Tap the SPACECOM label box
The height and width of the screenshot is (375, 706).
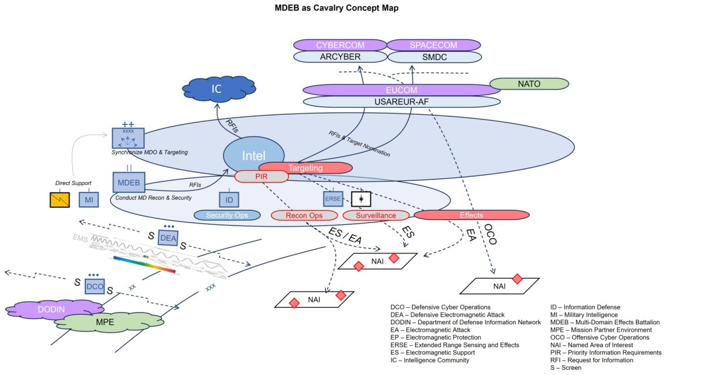pos(434,45)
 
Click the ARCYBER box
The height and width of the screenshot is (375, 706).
pos(339,57)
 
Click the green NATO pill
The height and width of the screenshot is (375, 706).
pos(529,84)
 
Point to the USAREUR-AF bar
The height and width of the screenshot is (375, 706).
pos(401,101)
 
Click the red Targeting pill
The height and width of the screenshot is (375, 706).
pos(305,168)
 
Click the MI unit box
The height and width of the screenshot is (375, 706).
pos(89,201)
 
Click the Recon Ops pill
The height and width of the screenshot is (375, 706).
pos(304,215)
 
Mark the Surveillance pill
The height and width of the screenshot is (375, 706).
pos(375,215)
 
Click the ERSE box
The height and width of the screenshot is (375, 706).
pos(332,199)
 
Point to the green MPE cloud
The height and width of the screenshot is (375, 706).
pos(109,322)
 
